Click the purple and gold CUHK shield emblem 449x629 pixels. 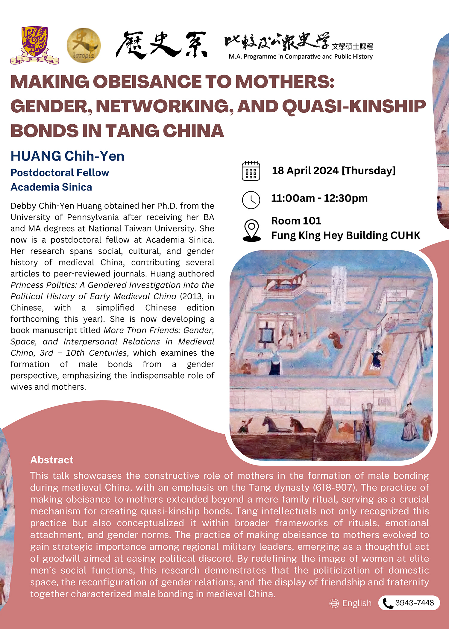pyautogui.click(x=35, y=43)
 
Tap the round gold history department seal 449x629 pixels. pyautogui.click(x=84, y=46)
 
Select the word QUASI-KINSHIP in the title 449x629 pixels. pyautogui.click(x=354, y=106)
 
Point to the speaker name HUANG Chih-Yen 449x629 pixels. pyautogui.click(x=67, y=156)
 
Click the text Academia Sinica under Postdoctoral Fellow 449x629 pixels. pyautogui.click(x=51, y=187)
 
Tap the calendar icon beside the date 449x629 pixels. pyautogui.click(x=251, y=171)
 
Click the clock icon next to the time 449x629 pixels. pyautogui.click(x=251, y=200)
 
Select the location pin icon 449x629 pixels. pyautogui.click(x=251, y=230)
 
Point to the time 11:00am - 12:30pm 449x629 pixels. pyautogui.click(x=319, y=198)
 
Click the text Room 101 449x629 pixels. pyautogui.click(x=296, y=221)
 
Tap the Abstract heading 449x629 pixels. pyautogui.click(x=52, y=460)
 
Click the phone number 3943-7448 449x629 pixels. pyautogui.click(x=414, y=603)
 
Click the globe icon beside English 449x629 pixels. pyautogui.click(x=334, y=604)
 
